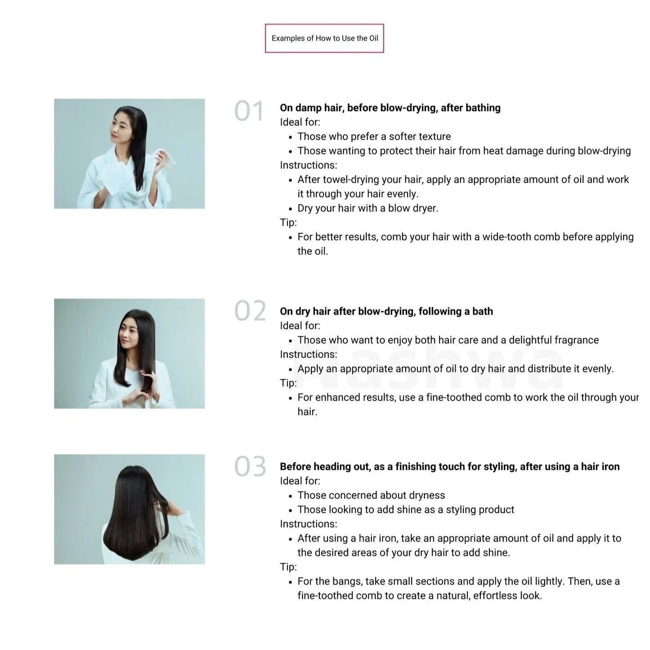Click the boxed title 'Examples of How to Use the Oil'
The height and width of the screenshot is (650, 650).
[x=324, y=38]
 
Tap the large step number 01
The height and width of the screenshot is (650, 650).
[x=249, y=111]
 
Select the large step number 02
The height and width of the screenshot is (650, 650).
[x=250, y=311]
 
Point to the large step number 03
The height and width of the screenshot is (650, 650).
[x=250, y=466]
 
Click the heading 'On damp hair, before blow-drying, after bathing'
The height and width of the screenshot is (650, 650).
[x=390, y=108]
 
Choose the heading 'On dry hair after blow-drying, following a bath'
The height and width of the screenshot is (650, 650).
[x=386, y=311]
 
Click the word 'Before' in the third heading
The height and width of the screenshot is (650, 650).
[x=295, y=466]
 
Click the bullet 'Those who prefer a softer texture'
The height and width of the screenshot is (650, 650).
[x=374, y=136]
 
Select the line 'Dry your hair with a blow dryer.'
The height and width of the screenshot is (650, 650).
[x=368, y=208]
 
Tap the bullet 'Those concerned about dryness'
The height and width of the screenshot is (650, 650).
[x=371, y=495]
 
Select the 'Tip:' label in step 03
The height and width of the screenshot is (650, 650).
[x=288, y=567]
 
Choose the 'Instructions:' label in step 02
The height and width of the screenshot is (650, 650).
[x=308, y=354]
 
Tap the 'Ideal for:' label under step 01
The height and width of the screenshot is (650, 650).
[x=300, y=122]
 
